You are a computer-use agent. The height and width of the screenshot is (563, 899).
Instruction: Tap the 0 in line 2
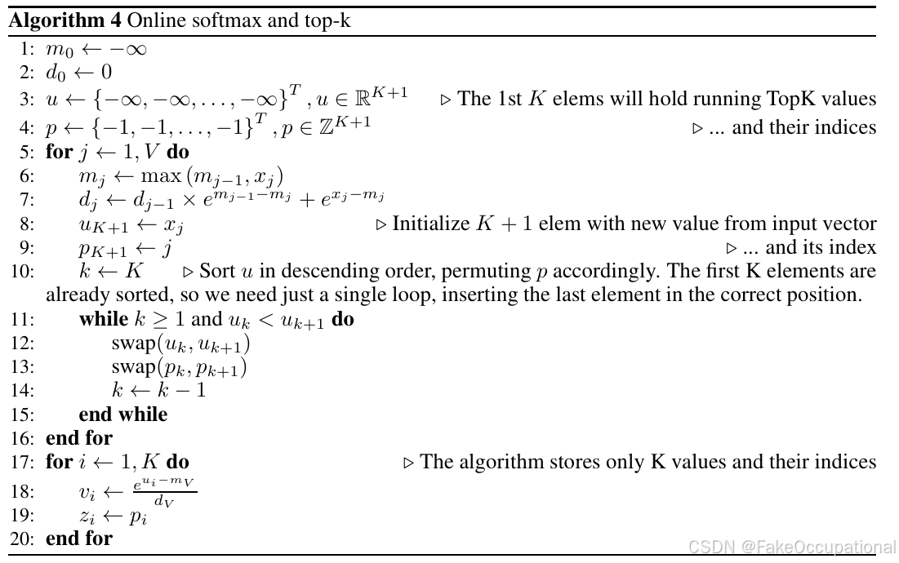(x=106, y=73)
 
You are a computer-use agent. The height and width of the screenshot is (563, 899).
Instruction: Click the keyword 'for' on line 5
(x=59, y=153)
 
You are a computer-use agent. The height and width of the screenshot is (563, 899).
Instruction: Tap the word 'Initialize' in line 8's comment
(x=429, y=224)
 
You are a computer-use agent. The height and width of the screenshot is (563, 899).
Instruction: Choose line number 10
(x=21, y=271)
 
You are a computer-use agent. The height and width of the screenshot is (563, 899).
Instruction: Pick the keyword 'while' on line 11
(x=104, y=320)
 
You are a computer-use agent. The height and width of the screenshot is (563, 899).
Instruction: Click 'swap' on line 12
(x=130, y=344)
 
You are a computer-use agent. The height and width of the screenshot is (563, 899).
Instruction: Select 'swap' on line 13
(x=130, y=368)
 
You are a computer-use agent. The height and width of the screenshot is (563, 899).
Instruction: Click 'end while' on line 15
(x=122, y=414)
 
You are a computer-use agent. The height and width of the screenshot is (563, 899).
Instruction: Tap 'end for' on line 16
(x=79, y=438)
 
